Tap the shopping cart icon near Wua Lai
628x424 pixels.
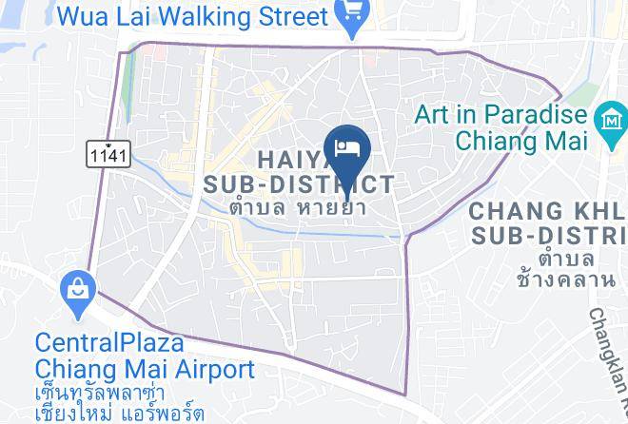[x=351, y=17]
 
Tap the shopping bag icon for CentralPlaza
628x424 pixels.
[x=74, y=288]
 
